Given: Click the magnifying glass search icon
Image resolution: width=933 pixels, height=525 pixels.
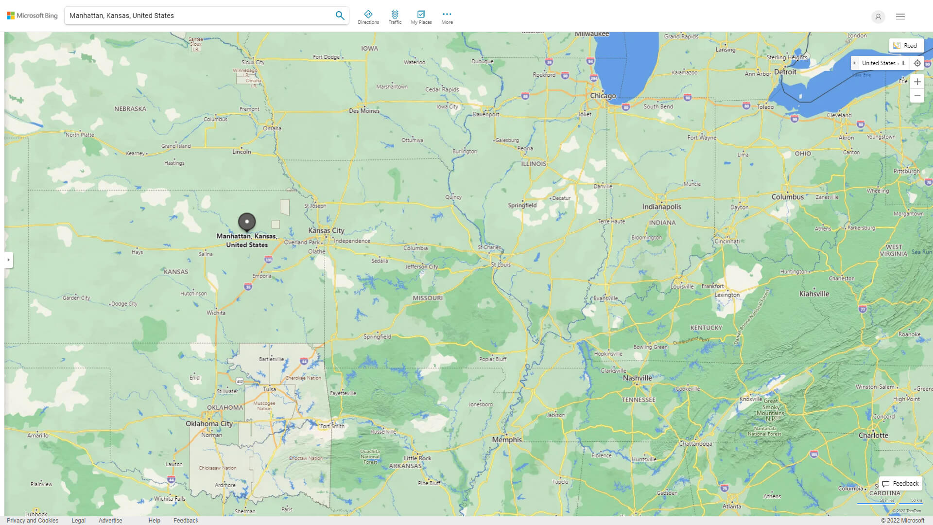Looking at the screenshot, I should [340, 16].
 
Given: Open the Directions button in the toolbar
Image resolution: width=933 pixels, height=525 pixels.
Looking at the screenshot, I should [368, 17].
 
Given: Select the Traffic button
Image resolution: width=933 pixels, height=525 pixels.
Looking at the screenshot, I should [395, 17].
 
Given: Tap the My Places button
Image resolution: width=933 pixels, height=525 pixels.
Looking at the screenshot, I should [421, 17].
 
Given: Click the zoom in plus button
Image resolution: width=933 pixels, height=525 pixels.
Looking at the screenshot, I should [917, 82].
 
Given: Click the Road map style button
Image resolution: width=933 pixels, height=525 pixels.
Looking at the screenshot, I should [906, 46].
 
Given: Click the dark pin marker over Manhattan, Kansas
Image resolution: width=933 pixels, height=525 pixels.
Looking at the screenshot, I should [247, 222].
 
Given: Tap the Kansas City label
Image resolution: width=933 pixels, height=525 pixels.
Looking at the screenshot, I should [326, 230].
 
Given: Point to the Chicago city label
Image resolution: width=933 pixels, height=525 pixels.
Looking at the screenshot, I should [603, 96].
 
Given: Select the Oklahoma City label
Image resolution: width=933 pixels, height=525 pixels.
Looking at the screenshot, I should [209, 423].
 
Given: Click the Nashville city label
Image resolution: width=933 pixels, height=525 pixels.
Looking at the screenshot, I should [637, 378].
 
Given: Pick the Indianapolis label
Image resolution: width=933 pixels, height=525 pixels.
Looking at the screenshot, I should [661, 207].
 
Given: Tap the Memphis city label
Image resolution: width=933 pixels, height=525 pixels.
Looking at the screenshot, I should [506, 439].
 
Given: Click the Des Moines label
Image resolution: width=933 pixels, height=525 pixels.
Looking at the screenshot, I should [364, 111].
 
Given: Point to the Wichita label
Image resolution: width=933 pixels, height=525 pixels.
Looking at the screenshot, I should [216, 313].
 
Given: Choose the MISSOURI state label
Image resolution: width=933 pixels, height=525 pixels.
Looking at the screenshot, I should [428, 298].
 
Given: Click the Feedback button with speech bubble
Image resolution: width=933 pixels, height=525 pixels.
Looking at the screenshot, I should [900, 484].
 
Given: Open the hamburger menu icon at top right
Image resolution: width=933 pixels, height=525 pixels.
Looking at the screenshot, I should [900, 17].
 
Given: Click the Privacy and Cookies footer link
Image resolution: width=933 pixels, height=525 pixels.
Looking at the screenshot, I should [33, 520].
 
